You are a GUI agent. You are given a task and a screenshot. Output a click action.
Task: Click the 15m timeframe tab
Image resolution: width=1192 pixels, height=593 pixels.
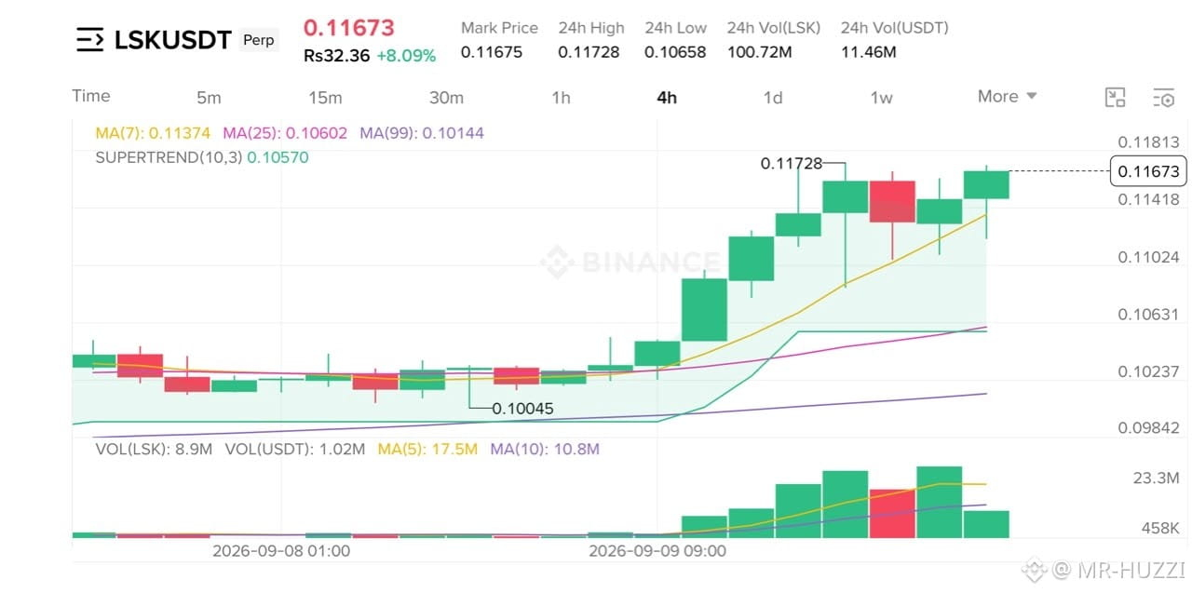pyautogui.click(x=325, y=98)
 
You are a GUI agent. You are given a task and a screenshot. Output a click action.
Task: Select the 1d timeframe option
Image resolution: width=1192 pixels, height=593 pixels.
pyautogui.click(x=773, y=98)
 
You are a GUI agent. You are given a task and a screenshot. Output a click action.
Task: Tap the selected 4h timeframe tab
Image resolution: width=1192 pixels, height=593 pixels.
pyautogui.click(x=667, y=98)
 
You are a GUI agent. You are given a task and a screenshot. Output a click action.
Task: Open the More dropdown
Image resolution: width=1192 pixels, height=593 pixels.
pyautogui.click(x=1007, y=96)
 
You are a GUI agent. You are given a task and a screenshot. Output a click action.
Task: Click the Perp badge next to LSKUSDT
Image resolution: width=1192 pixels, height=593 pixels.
pyautogui.click(x=259, y=40)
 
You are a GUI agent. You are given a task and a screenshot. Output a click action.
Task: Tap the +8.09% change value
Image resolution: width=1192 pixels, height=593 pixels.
pyautogui.click(x=406, y=55)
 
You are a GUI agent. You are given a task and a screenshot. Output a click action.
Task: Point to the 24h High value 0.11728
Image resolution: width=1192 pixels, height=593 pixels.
pyautogui.click(x=589, y=52)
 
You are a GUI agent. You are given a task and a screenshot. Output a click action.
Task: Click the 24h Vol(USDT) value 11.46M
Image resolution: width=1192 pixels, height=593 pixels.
pyautogui.click(x=869, y=52)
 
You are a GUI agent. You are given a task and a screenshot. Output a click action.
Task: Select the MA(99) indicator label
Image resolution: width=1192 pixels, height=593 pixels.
pyautogui.click(x=422, y=133)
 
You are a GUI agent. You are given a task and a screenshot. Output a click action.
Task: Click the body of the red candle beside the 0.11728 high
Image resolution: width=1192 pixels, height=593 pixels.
pyautogui.click(x=892, y=202)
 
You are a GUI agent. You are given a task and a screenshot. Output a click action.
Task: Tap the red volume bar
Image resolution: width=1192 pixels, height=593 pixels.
pyautogui.click(x=892, y=513)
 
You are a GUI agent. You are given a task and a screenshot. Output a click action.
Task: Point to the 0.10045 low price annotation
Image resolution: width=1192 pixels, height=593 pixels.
pyautogui.click(x=522, y=409)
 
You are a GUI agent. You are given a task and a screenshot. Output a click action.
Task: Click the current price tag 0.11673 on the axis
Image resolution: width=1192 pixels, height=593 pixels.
pyautogui.click(x=1148, y=171)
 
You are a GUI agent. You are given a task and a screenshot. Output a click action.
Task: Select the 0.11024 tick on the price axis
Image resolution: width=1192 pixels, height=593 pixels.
pyautogui.click(x=1148, y=257)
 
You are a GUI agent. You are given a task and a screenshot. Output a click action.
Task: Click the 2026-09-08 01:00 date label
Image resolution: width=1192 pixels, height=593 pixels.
pyautogui.click(x=281, y=551)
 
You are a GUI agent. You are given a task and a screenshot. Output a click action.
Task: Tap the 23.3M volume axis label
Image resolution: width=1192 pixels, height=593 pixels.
pyautogui.click(x=1156, y=478)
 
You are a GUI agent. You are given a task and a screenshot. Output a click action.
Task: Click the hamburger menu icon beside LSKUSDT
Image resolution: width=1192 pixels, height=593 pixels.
pyautogui.click(x=90, y=40)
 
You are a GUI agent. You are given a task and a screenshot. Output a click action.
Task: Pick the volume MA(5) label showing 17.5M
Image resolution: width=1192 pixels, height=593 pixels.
pyautogui.click(x=427, y=450)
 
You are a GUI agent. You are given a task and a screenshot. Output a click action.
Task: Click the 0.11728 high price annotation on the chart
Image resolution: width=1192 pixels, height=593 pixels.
pyautogui.click(x=792, y=163)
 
